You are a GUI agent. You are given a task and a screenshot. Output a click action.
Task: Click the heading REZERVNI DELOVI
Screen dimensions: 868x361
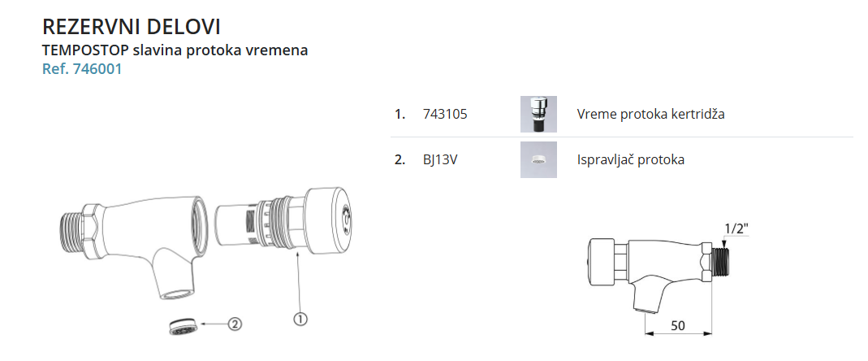[x=132, y=27]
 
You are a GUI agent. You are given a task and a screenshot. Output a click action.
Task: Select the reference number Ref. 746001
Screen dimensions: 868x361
[x=82, y=69]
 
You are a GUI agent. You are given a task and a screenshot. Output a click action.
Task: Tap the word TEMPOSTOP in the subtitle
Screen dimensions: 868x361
[x=85, y=50]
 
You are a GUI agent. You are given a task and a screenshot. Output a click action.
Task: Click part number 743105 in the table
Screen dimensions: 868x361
[x=444, y=114]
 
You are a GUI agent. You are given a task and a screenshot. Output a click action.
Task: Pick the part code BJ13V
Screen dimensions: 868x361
[x=440, y=159]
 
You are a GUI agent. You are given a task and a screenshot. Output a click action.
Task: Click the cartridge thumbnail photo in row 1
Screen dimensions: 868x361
[x=538, y=114]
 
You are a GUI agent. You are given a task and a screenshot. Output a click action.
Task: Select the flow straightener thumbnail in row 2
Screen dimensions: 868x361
[x=538, y=159]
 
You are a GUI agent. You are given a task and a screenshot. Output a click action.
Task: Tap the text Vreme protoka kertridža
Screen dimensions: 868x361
[x=650, y=114]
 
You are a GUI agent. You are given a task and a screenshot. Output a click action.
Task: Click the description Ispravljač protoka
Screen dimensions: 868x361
[x=631, y=159]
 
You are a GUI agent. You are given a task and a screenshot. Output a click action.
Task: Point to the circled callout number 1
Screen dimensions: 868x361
[x=300, y=320]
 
